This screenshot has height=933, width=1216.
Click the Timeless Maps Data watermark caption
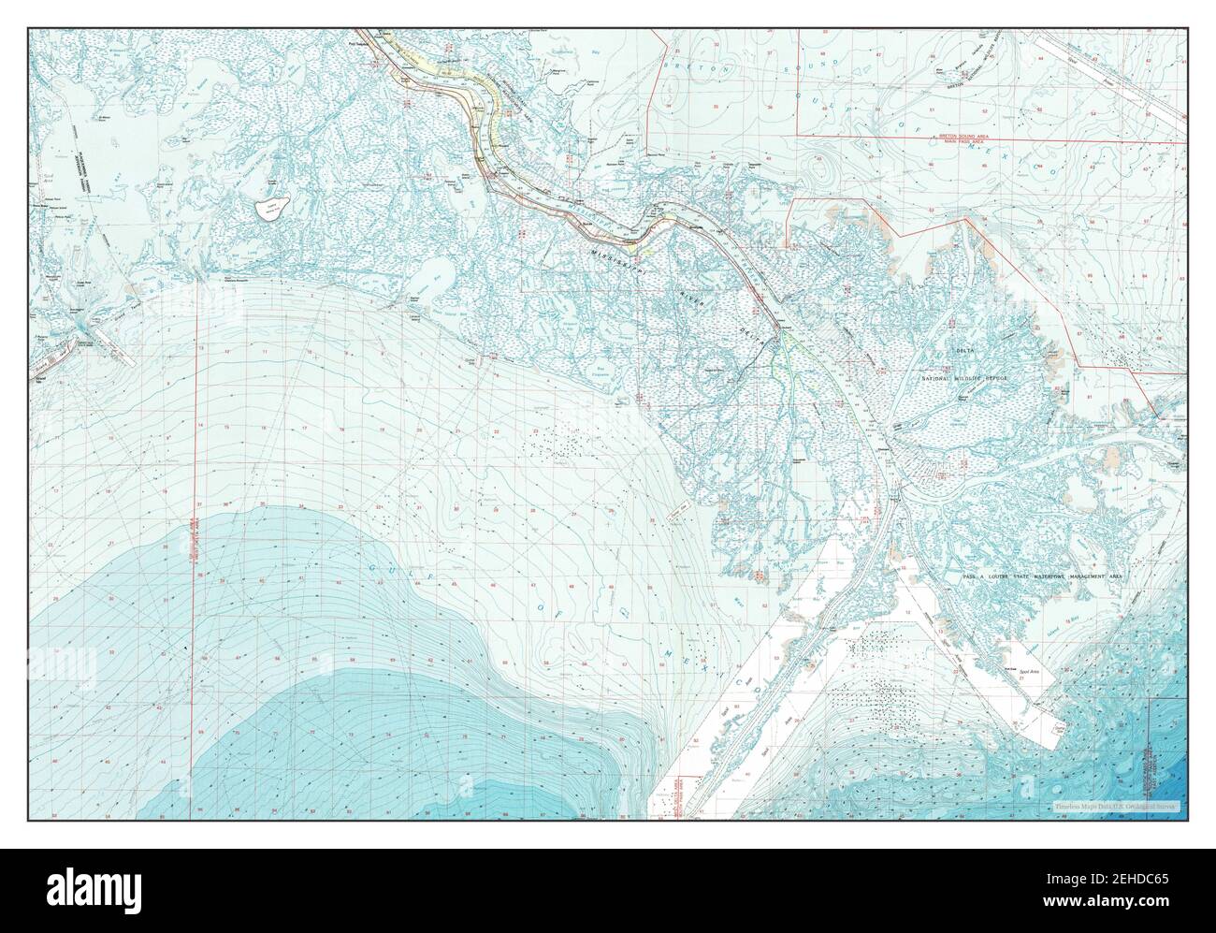(1113, 806)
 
